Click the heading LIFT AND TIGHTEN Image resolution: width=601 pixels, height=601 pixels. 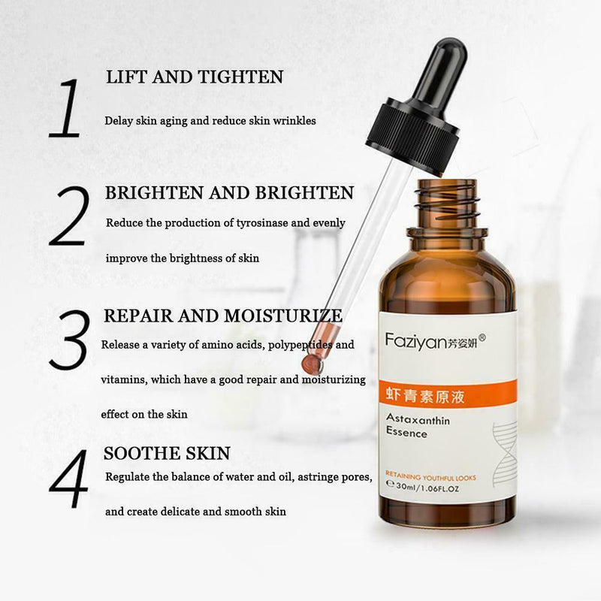[x=194, y=77]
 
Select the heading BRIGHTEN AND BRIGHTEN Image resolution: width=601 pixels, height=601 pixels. [x=229, y=193]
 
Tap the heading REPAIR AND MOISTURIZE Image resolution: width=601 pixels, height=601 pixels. [x=223, y=315]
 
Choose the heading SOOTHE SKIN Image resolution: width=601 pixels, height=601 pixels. [x=167, y=453]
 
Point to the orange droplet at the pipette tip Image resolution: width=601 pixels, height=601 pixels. [x=311, y=364]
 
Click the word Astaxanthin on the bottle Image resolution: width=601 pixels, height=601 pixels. [x=418, y=421]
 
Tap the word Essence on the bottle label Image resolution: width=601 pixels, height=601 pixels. [x=406, y=433]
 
